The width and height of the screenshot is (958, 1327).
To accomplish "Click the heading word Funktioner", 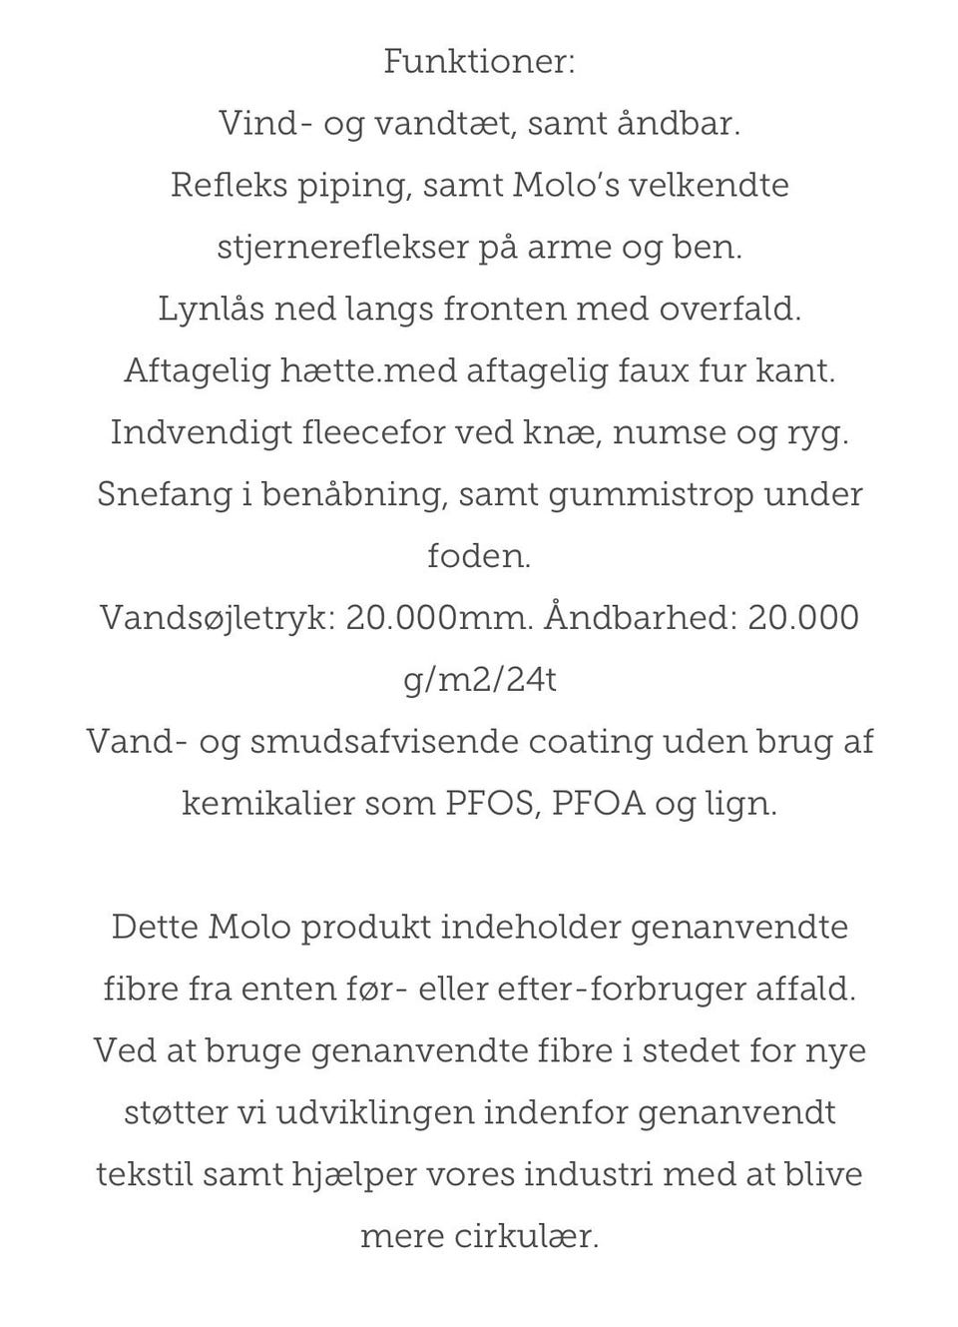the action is pyautogui.click(x=479, y=62).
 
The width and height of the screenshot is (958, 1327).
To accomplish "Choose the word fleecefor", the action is pyautogui.click(x=373, y=432).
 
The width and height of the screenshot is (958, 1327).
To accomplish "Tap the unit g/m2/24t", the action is pyautogui.click(x=480, y=680).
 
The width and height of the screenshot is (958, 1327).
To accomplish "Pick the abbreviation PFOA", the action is pyautogui.click(x=599, y=804).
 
